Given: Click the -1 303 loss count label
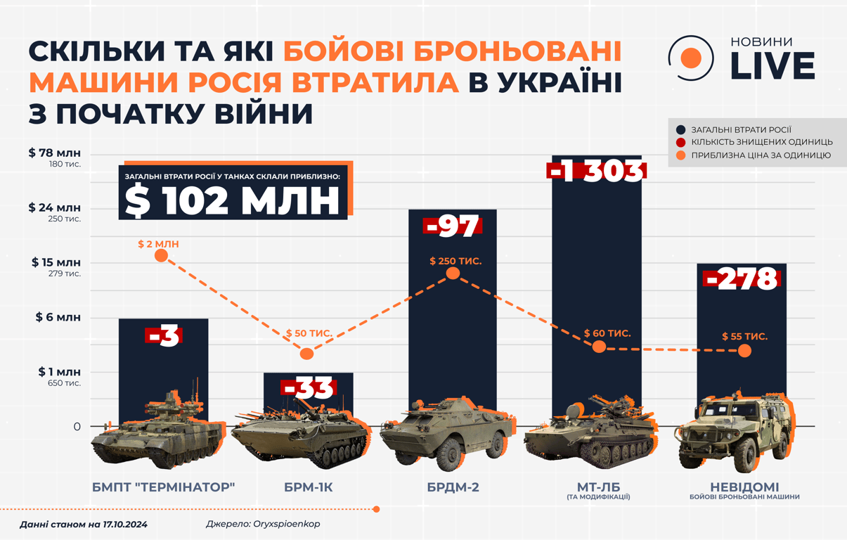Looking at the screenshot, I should pyautogui.click(x=596, y=172).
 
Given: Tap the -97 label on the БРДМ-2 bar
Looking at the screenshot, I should pyautogui.click(x=452, y=226).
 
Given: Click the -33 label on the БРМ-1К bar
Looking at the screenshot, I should pyautogui.click(x=309, y=388).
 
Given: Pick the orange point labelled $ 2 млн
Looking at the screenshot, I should pyautogui.click(x=161, y=255).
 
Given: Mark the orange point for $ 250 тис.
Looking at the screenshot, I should pyautogui.click(x=453, y=273).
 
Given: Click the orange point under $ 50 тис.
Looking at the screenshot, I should pyautogui.click(x=306, y=354).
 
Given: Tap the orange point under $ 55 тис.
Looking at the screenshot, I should pyautogui.click(x=744, y=350).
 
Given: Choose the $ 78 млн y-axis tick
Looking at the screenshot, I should pyautogui.click(x=55, y=153).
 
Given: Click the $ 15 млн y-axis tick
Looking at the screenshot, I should pyautogui.click(x=56, y=262).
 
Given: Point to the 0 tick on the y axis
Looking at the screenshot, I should pyautogui.click(x=77, y=427).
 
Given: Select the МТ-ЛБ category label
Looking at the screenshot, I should pyautogui.click(x=598, y=487).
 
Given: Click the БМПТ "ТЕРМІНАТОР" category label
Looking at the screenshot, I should pyautogui.click(x=163, y=487).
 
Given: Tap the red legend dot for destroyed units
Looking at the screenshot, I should pyautogui.click(x=680, y=143).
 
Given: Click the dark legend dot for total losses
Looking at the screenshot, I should pyautogui.click(x=680, y=130).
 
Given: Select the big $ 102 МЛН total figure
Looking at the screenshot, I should pyautogui.click(x=233, y=200).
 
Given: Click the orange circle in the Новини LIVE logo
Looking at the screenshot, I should pyautogui.click(x=692, y=58).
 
